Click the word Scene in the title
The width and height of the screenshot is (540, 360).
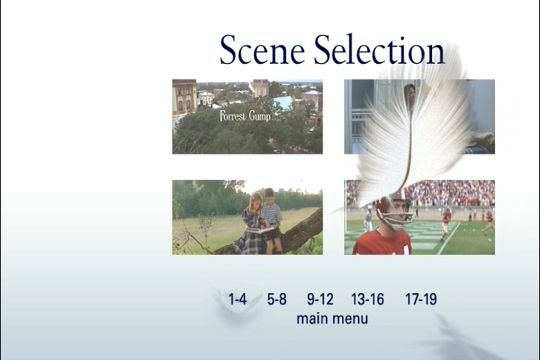pos(262,50)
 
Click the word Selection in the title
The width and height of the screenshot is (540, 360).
pos(379,49)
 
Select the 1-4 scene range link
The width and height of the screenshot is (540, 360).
pos(238,299)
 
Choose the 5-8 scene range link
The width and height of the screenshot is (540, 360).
pos(277,299)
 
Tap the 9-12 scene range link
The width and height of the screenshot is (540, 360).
pos(320,299)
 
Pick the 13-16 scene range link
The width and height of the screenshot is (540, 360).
pos(367,299)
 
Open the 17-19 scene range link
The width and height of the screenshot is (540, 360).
pos(421,299)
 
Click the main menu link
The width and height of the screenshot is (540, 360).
pos(332,319)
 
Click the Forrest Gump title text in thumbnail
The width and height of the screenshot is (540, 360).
pos(245,116)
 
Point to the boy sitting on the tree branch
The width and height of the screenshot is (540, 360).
pos(271,220)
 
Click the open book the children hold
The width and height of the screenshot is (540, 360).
pos(261,229)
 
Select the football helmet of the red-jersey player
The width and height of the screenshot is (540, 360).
pos(394,210)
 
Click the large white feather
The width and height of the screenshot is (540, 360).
pos(413,131)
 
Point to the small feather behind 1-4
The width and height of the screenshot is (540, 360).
pos(236,301)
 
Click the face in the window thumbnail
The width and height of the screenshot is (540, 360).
pos(409,94)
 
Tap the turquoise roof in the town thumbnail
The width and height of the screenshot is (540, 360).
pos(283,103)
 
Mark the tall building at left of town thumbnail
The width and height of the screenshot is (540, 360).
pos(184,97)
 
